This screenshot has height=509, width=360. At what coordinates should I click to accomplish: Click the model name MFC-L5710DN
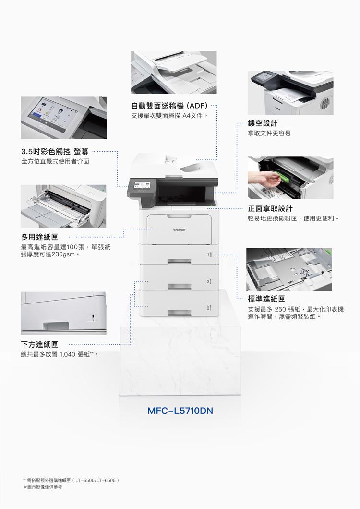tap(180, 411)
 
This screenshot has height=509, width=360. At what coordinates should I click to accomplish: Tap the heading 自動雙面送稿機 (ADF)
tap(169, 106)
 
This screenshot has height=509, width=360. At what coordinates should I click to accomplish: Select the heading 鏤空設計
tap(263, 123)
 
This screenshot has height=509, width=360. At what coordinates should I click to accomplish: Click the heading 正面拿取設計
tap(270, 208)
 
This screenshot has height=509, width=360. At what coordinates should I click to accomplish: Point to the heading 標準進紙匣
tap(266, 298)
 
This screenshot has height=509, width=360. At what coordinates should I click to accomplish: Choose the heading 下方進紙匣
tap(40, 344)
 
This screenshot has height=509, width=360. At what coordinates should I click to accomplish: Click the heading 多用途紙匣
tap(40, 237)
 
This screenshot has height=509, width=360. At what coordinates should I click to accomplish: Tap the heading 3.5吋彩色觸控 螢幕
tap(55, 151)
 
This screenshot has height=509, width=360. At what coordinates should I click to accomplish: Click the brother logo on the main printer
tap(179, 230)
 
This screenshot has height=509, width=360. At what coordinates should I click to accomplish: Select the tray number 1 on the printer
tap(208, 254)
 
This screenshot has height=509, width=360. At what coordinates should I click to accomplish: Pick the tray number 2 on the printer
tap(208, 281)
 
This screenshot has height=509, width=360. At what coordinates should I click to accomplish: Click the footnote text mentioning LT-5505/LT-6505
tap(71, 480)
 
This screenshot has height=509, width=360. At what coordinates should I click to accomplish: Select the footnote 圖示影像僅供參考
tap(43, 487)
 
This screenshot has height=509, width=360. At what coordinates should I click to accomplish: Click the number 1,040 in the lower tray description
tap(68, 354)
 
